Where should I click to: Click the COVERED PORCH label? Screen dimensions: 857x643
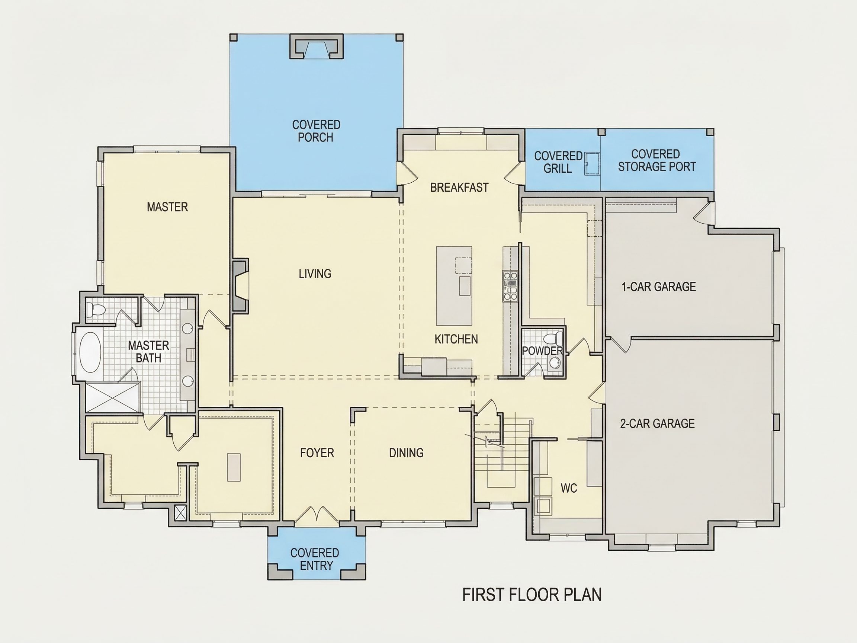click(x=316, y=131)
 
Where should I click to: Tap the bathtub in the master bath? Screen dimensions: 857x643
click(x=90, y=352)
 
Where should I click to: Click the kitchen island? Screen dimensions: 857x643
click(x=454, y=286)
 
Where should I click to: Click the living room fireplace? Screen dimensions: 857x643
click(x=240, y=285)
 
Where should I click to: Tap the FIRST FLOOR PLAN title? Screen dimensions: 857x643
click(x=532, y=595)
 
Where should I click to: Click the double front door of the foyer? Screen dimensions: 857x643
click(x=317, y=515)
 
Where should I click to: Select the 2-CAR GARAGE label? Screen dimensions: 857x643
click(x=658, y=423)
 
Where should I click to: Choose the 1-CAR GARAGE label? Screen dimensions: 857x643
click(x=659, y=287)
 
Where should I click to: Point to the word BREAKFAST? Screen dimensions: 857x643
click(x=459, y=188)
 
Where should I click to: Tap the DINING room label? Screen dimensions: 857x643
click(x=406, y=453)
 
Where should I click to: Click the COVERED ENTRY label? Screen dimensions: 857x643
click(x=315, y=559)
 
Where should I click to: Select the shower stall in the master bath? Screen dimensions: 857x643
click(x=112, y=397)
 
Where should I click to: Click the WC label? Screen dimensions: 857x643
click(x=569, y=488)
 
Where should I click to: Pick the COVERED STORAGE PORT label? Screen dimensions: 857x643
click(x=657, y=160)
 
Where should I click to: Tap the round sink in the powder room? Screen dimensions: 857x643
click(x=555, y=363)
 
